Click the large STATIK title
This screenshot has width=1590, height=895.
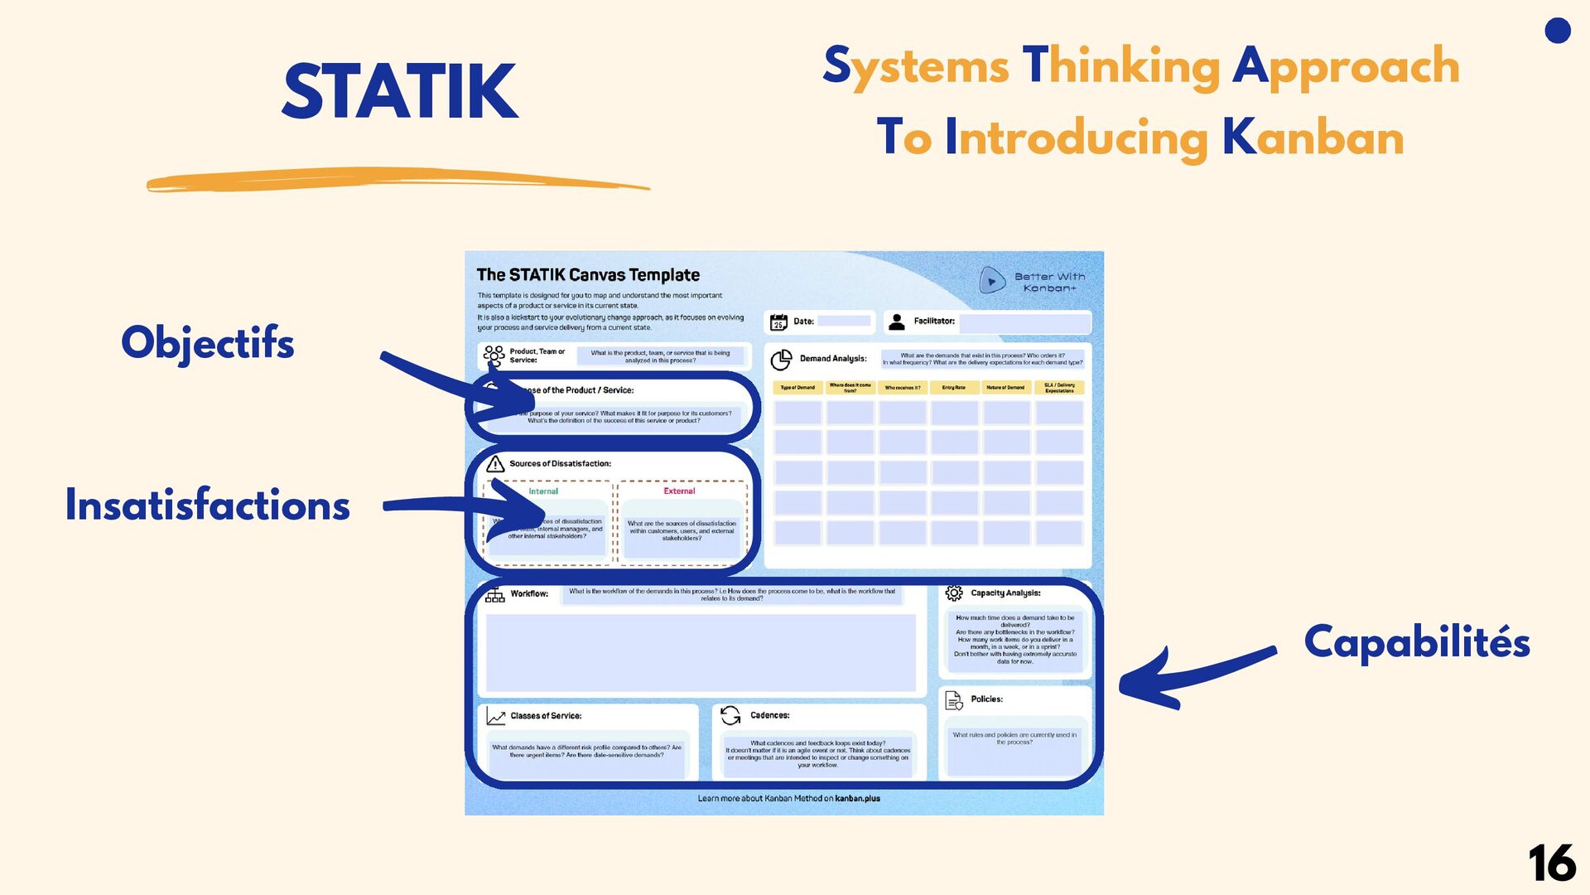click(400, 92)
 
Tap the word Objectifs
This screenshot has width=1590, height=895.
click(207, 343)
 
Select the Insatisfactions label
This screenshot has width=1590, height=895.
click(207, 506)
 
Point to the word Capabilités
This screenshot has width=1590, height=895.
click(1416, 643)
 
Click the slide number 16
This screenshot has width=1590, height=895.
click(1551, 864)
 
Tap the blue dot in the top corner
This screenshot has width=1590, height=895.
click(1558, 31)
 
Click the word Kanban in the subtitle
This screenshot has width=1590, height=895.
click(1313, 138)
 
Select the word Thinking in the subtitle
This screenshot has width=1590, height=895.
click(1121, 66)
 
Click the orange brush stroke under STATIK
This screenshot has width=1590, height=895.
click(397, 181)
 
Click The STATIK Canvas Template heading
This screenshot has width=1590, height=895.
click(588, 275)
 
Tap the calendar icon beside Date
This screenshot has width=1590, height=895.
click(778, 322)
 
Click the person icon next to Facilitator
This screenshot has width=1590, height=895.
click(896, 322)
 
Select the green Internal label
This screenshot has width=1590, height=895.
click(543, 491)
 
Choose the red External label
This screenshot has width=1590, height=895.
click(679, 491)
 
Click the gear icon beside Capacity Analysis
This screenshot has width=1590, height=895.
click(954, 593)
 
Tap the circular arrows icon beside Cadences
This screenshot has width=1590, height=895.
click(730, 715)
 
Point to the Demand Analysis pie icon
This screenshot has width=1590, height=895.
click(781, 360)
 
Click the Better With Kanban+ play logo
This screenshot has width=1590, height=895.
click(991, 281)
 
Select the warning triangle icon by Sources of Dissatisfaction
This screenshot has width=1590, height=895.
click(495, 464)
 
